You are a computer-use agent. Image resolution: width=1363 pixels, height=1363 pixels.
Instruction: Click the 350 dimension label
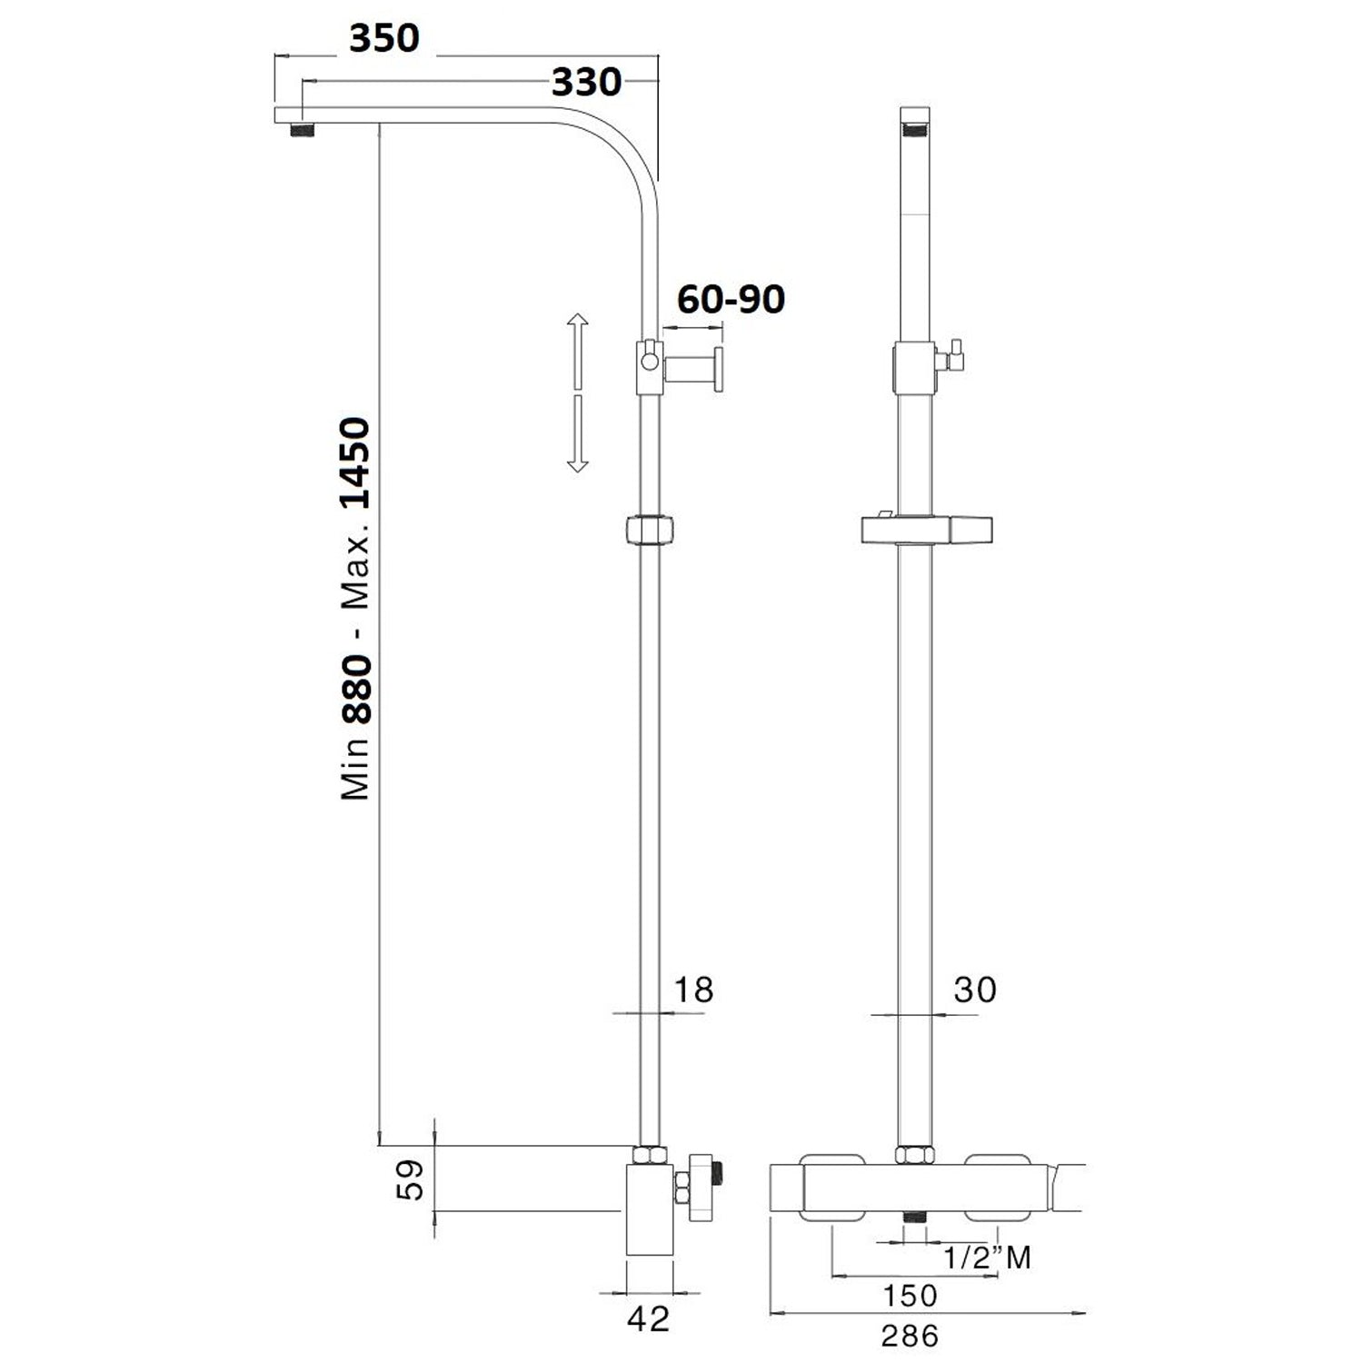[x=384, y=39]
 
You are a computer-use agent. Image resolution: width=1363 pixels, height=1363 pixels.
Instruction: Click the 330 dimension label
[x=587, y=83]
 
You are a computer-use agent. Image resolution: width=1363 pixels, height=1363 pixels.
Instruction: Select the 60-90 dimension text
[x=731, y=299]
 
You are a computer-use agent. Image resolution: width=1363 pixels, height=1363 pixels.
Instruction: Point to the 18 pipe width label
[x=693, y=990]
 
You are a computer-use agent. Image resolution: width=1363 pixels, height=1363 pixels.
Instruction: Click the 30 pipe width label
[x=975, y=990]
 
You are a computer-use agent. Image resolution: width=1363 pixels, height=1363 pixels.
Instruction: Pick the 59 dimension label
[x=413, y=1179]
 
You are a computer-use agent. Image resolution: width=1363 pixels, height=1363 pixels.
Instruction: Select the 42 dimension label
[x=649, y=1318]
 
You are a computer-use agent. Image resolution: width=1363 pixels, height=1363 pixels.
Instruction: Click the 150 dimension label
[x=910, y=1296]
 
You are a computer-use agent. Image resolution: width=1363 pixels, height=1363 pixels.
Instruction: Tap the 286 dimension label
[x=910, y=1336]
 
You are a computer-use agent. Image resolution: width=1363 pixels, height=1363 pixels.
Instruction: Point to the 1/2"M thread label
[x=987, y=1258]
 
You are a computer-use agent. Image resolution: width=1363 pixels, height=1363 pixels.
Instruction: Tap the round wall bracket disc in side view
[x=719, y=370]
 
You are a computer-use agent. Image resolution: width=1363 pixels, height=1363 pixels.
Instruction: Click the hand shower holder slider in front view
[x=925, y=530]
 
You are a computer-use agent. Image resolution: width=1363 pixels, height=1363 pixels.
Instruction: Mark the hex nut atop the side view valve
[x=648, y=1156]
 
